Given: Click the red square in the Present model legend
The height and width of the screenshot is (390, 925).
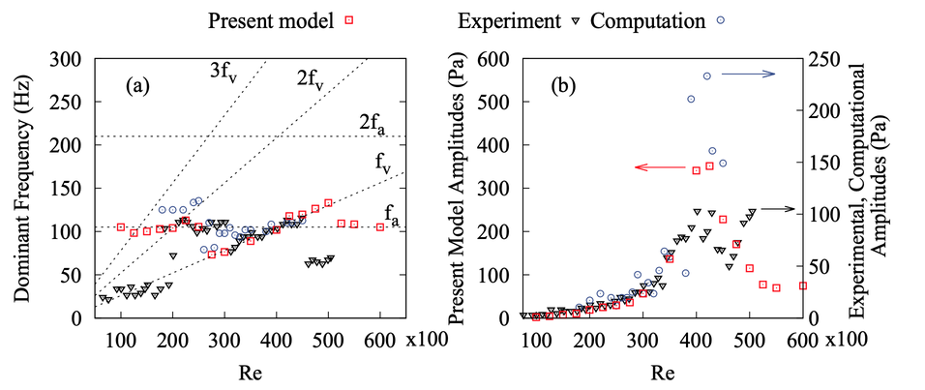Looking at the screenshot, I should tap(357, 19).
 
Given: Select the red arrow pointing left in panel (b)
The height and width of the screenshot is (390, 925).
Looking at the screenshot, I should tap(657, 167).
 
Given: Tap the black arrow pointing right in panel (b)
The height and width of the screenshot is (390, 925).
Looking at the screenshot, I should tap(773, 208).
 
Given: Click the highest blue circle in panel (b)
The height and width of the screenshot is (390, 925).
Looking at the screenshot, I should tap(706, 75).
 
